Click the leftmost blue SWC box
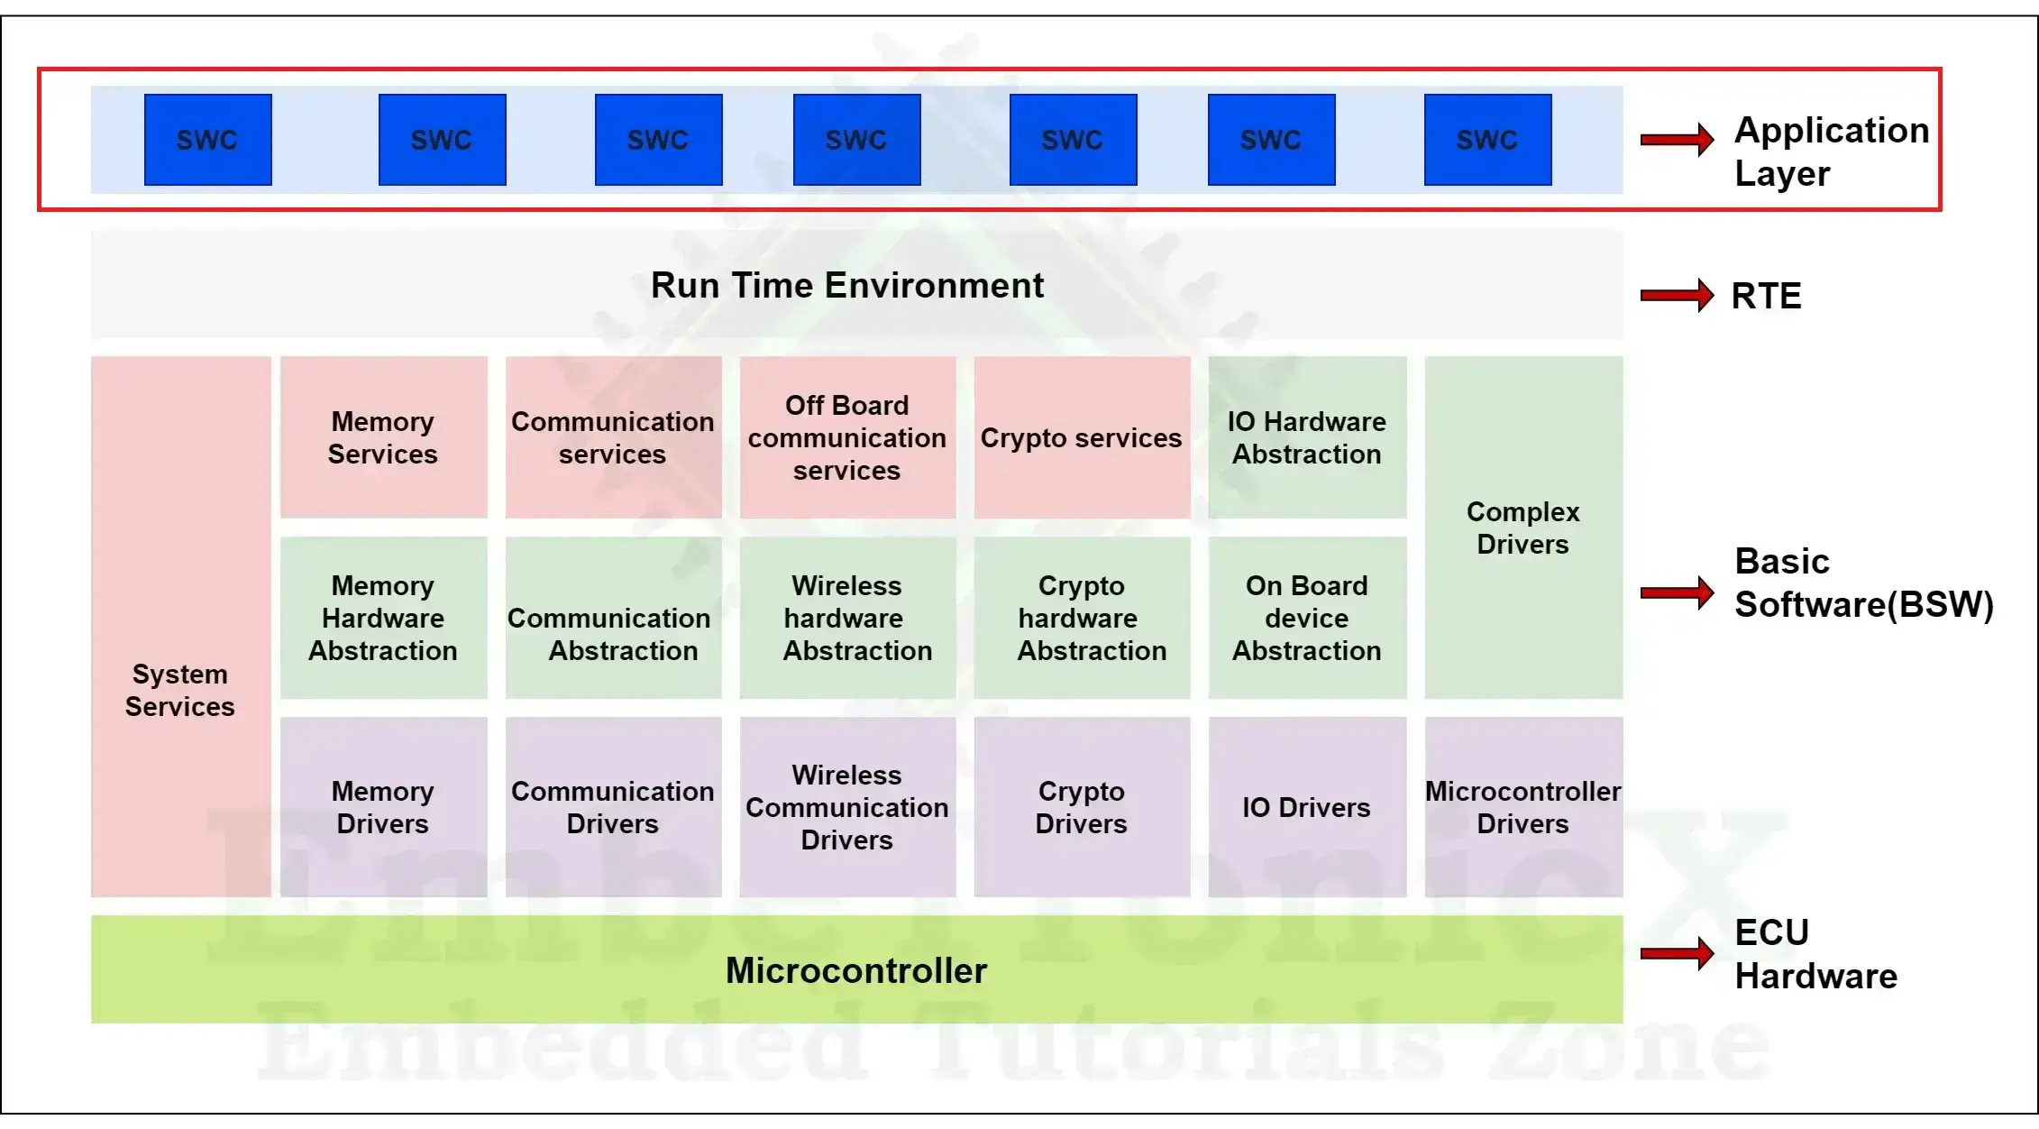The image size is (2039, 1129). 207,140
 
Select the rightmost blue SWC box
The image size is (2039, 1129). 1487,140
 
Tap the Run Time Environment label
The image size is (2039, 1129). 847,286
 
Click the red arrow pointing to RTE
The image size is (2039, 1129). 1677,295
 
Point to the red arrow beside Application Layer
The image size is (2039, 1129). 1677,139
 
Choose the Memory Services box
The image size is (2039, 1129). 383,437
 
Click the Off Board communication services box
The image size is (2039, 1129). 847,437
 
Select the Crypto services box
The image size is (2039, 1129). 1081,437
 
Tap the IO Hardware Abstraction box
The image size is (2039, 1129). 1307,437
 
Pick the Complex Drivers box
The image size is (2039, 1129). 1523,528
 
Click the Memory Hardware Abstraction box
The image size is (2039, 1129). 383,618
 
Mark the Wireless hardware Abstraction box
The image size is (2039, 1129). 847,618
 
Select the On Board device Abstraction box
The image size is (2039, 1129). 1307,618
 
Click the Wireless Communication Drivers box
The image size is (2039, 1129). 847,807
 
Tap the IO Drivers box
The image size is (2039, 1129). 1307,807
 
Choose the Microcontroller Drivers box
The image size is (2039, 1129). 1523,807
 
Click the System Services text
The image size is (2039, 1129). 180,690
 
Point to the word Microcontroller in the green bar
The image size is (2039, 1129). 856,970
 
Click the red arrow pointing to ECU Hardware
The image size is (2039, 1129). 1677,953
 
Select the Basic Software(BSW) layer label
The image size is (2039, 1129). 1863,583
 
